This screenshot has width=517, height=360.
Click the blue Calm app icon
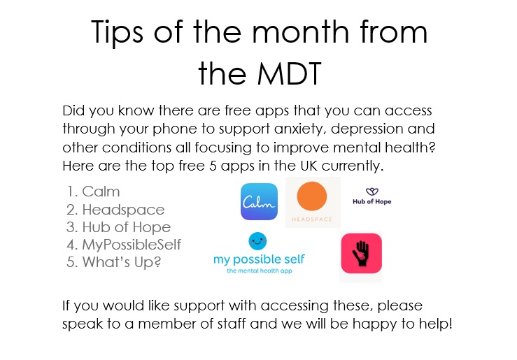pos(259,201)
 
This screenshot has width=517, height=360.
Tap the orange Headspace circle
pos(312,196)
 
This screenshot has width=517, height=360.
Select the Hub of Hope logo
pos(372,196)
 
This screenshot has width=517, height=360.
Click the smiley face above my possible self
pos(257,241)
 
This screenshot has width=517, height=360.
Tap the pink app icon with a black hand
pos(362,253)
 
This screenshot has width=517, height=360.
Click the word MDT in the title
pos(289,73)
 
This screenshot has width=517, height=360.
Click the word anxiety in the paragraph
pos(299,129)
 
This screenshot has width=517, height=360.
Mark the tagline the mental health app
pos(260,271)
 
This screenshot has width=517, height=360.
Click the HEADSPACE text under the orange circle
pos(312,219)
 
